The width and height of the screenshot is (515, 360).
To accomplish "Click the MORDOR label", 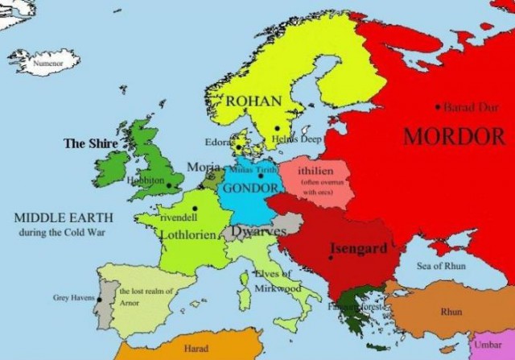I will coord(454,135).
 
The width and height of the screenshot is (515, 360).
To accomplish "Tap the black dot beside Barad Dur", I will coord(438,106).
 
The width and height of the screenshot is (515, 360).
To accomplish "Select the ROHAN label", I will coord(253,101).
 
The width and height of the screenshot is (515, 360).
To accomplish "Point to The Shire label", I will coord(90,143).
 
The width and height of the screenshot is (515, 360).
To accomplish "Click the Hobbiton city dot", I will coord(169,186).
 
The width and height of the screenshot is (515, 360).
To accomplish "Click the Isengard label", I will coord(360,248).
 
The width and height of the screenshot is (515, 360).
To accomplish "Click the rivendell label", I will coord(179,217).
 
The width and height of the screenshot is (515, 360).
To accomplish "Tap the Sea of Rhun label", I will coord(441,266).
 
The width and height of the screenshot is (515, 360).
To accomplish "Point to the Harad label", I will coord(196,349).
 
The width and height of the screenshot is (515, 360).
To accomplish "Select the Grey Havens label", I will coord(73,297).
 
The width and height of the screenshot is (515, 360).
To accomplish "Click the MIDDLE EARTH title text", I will coord(64,218).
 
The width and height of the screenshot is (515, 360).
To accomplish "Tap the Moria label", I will coord(202,167).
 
